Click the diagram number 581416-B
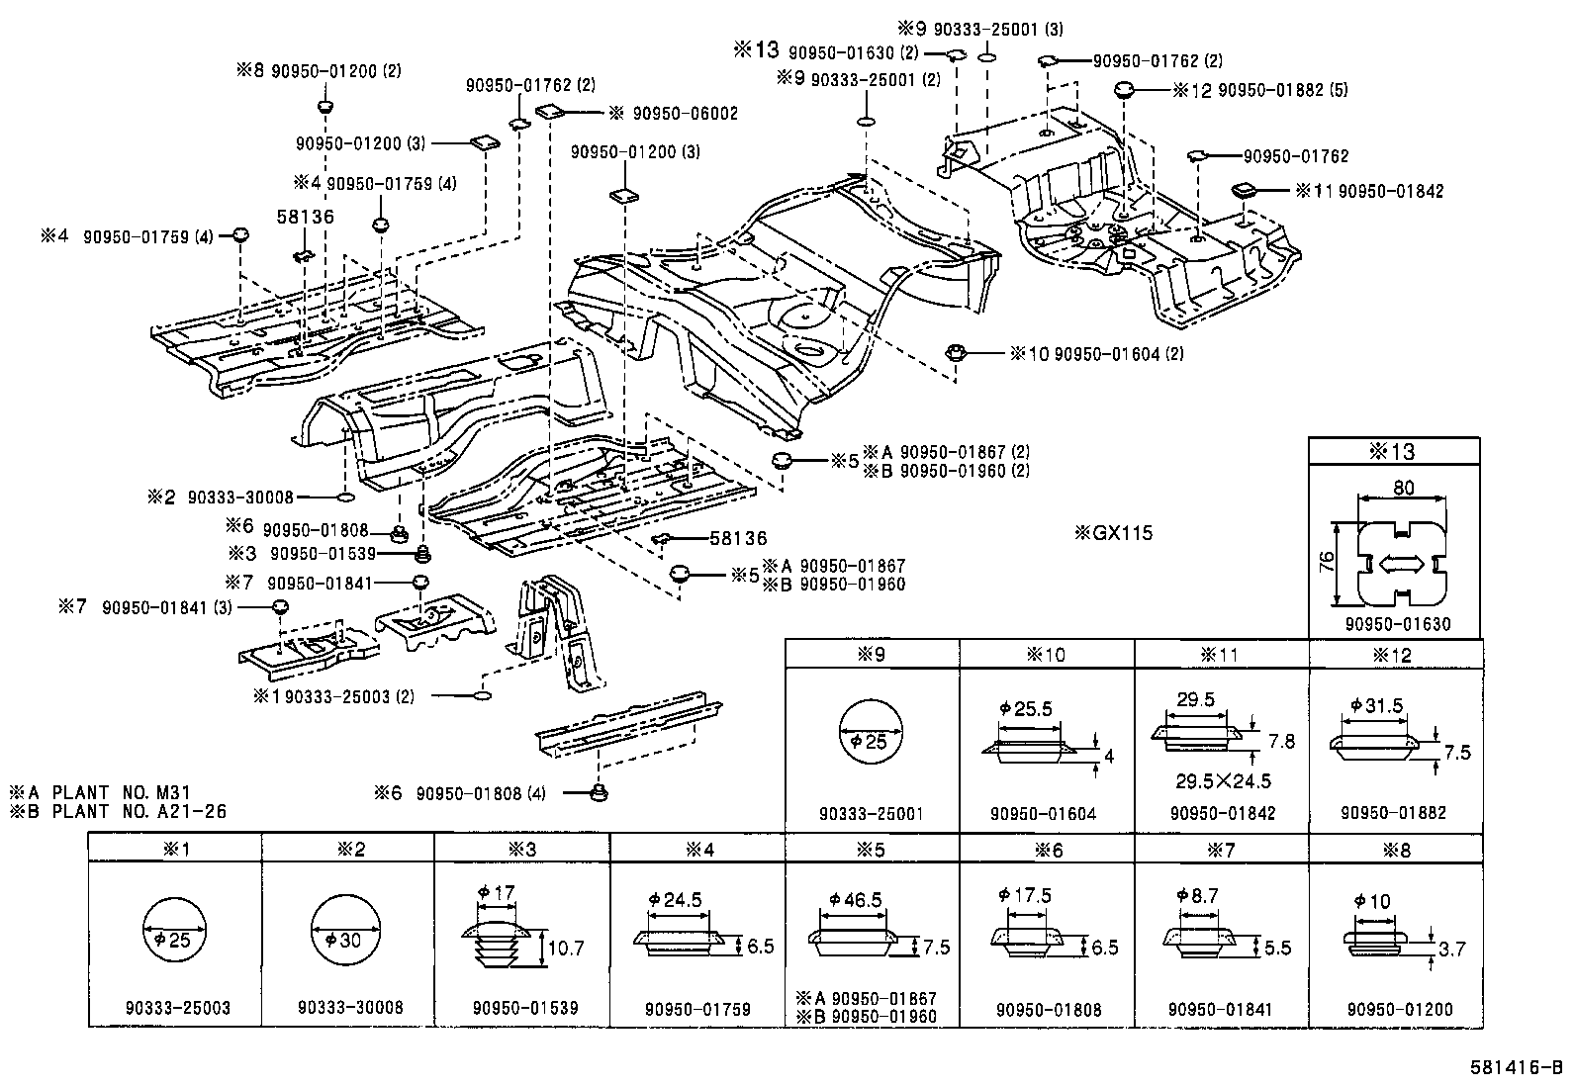[x=1515, y=1067]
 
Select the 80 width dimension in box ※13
[x=1403, y=487]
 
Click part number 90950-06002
[x=674, y=114]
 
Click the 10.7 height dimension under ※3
[x=565, y=949]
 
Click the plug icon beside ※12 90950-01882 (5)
[x=1124, y=90]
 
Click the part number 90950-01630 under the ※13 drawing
[x=1396, y=624]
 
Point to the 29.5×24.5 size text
[x=1223, y=781]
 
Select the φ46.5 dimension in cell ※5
[x=856, y=901]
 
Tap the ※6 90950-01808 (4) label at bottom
[x=459, y=792]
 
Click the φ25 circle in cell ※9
[x=872, y=741]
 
